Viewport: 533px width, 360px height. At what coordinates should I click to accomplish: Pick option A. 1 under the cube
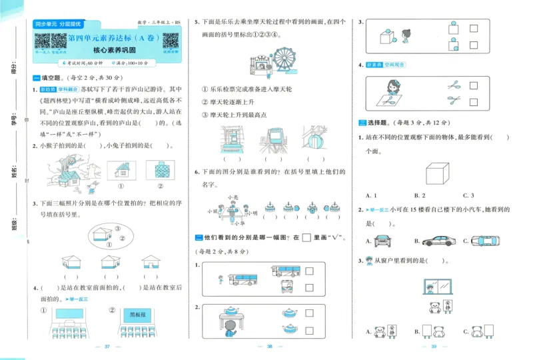(x=372, y=195)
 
